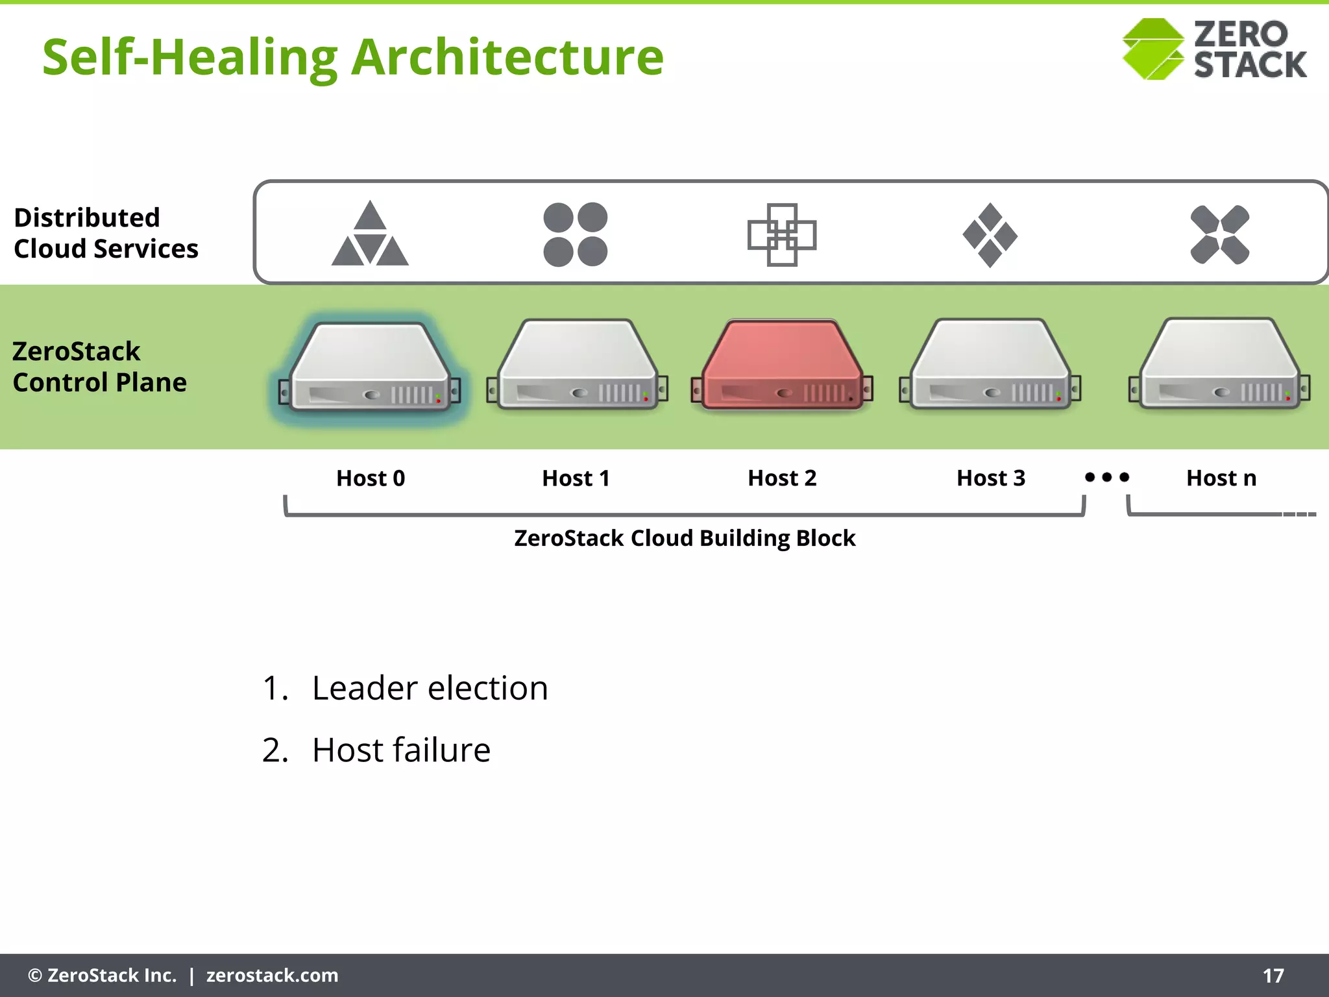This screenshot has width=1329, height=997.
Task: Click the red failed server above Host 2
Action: (x=782, y=365)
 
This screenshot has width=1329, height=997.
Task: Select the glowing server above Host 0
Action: (x=370, y=367)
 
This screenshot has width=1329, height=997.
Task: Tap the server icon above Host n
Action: (x=1220, y=365)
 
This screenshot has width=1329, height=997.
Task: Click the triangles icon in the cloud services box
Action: (x=370, y=234)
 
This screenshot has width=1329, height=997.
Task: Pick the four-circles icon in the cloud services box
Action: (x=576, y=234)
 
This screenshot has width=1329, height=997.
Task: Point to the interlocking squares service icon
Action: (x=782, y=234)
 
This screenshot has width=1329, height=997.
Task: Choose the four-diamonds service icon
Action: (x=990, y=235)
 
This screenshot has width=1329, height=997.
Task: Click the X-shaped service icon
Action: (x=1220, y=234)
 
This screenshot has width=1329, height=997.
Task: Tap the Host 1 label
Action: (x=576, y=478)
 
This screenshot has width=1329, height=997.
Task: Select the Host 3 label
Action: (x=991, y=478)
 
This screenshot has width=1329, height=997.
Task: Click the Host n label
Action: (x=1221, y=478)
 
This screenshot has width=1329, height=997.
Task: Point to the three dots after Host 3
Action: (x=1107, y=478)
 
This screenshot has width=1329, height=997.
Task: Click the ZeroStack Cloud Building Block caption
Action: (x=685, y=538)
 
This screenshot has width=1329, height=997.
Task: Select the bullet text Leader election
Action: (x=430, y=688)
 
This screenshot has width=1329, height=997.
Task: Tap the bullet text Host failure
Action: (x=401, y=750)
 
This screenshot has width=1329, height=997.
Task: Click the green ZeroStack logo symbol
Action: (x=1153, y=49)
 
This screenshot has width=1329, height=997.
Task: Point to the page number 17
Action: (x=1273, y=976)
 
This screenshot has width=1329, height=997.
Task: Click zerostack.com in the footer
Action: (x=272, y=976)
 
